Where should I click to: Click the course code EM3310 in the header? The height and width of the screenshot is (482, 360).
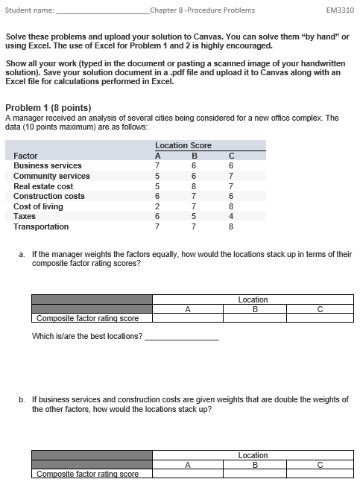(x=340, y=10)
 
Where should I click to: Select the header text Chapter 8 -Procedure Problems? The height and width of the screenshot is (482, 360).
(x=202, y=10)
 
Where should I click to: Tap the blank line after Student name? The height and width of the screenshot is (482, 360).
(x=102, y=11)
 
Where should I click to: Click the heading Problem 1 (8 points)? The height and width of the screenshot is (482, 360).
(x=48, y=108)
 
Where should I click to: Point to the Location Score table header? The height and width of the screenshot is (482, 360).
(x=183, y=145)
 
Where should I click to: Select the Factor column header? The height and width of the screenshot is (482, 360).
(x=25, y=156)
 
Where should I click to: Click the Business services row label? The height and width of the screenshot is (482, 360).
(x=48, y=165)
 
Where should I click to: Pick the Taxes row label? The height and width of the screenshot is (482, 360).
(x=25, y=216)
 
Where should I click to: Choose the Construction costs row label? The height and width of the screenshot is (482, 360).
(x=49, y=196)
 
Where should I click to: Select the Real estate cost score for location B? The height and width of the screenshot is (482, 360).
(x=194, y=186)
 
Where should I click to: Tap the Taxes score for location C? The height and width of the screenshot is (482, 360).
(x=232, y=216)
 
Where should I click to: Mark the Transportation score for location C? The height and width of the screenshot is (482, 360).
(x=232, y=226)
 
